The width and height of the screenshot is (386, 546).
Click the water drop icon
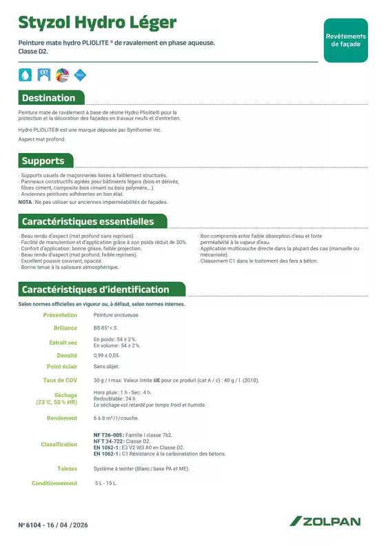point(26,74)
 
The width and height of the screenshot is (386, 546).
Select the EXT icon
point(44,74)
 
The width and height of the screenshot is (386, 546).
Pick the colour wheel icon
point(62,74)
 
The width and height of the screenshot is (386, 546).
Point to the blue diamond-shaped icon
point(80,74)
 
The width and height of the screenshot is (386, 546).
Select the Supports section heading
point(43,161)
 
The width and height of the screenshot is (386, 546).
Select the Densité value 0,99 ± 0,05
point(106,354)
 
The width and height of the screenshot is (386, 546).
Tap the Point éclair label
point(62,367)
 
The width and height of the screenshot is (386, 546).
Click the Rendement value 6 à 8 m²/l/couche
point(116,418)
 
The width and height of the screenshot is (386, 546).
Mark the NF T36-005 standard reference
point(108,436)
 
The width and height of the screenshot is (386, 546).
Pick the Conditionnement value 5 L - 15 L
point(106,483)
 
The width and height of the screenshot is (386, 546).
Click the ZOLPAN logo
point(325,522)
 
